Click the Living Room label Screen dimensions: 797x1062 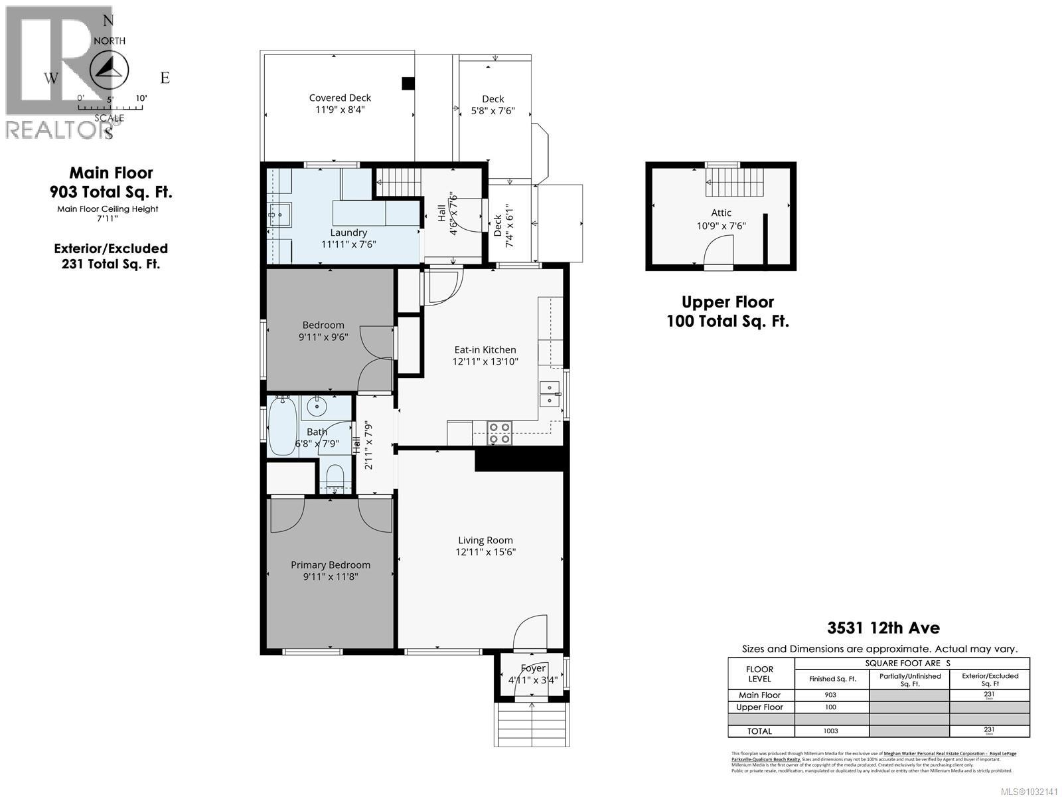[x=485, y=540]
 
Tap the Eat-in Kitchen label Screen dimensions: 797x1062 [x=485, y=349]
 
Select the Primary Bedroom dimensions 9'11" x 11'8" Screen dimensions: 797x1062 [x=331, y=577]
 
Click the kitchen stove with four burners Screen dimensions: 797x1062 [x=499, y=433]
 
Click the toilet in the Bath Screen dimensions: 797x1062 [x=335, y=478]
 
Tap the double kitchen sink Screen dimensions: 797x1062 [x=549, y=394]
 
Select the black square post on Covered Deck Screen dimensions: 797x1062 [x=408, y=83]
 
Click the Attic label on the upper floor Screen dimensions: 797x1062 [x=721, y=213]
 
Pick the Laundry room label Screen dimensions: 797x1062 [x=348, y=232]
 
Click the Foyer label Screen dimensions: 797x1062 [x=533, y=668]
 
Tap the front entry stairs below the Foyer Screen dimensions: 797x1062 [x=532, y=724]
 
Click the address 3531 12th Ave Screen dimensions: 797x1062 [x=883, y=628]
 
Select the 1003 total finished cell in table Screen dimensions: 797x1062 [x=830, y=731]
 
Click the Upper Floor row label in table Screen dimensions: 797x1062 [x=759, y=707]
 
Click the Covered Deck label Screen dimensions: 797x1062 [x=340, y=98]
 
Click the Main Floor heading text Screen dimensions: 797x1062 [x=112, y=173]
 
